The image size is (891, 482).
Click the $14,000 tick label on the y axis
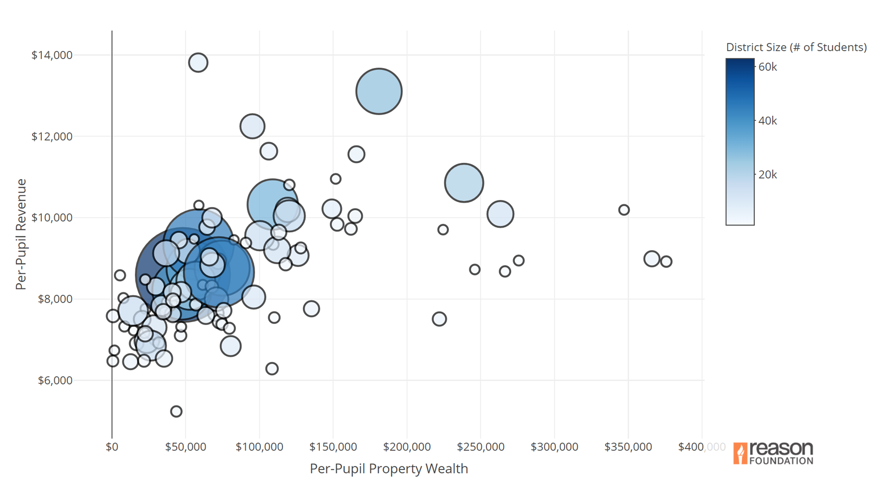[52, 55]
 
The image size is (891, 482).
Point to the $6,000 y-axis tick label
[55, 380]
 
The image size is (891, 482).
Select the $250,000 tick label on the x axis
[480, 447]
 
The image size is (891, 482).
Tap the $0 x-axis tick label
[112, 447]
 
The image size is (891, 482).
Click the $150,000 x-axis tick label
[333, 447]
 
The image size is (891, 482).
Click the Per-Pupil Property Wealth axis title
[389, 469]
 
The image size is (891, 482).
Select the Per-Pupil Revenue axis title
[20, 234]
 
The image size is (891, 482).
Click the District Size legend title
[796, 47]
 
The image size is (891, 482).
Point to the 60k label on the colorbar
[767, 67]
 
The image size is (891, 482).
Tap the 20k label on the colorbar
[767, 175]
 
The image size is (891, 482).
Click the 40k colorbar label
[767, 121]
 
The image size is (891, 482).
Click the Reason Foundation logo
[773, 453]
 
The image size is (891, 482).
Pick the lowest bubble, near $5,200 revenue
[176, 411]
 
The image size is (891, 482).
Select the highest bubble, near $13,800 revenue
[198, 62]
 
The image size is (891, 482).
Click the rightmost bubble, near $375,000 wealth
[666, 261]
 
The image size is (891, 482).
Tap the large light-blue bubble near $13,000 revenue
[379, 91]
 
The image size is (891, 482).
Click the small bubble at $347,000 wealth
[624, 210]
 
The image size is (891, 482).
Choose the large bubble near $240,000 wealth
[464, 183]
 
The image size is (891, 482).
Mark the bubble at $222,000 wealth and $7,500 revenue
[439, 319]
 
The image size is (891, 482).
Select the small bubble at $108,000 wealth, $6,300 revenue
[272, 368]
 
